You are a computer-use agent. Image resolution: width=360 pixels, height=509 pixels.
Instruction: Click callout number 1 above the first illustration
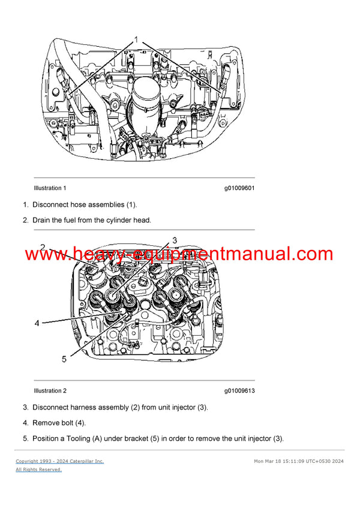136,40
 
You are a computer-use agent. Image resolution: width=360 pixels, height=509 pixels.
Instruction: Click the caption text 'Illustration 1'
50,188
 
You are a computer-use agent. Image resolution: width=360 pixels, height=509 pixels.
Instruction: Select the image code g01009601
239,188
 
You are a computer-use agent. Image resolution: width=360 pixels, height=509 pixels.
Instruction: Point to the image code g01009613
239,391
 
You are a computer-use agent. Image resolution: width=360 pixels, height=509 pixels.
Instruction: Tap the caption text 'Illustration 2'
50,391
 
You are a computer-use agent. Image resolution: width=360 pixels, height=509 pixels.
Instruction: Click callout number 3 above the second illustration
175,240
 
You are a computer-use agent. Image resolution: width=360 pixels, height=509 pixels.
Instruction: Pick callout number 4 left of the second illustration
37,323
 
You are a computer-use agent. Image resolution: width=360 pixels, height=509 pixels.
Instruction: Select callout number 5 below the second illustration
65,359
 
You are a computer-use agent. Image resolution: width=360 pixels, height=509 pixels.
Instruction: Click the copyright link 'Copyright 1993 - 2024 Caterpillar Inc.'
60,461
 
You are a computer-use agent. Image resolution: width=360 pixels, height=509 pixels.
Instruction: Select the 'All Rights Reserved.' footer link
38,469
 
